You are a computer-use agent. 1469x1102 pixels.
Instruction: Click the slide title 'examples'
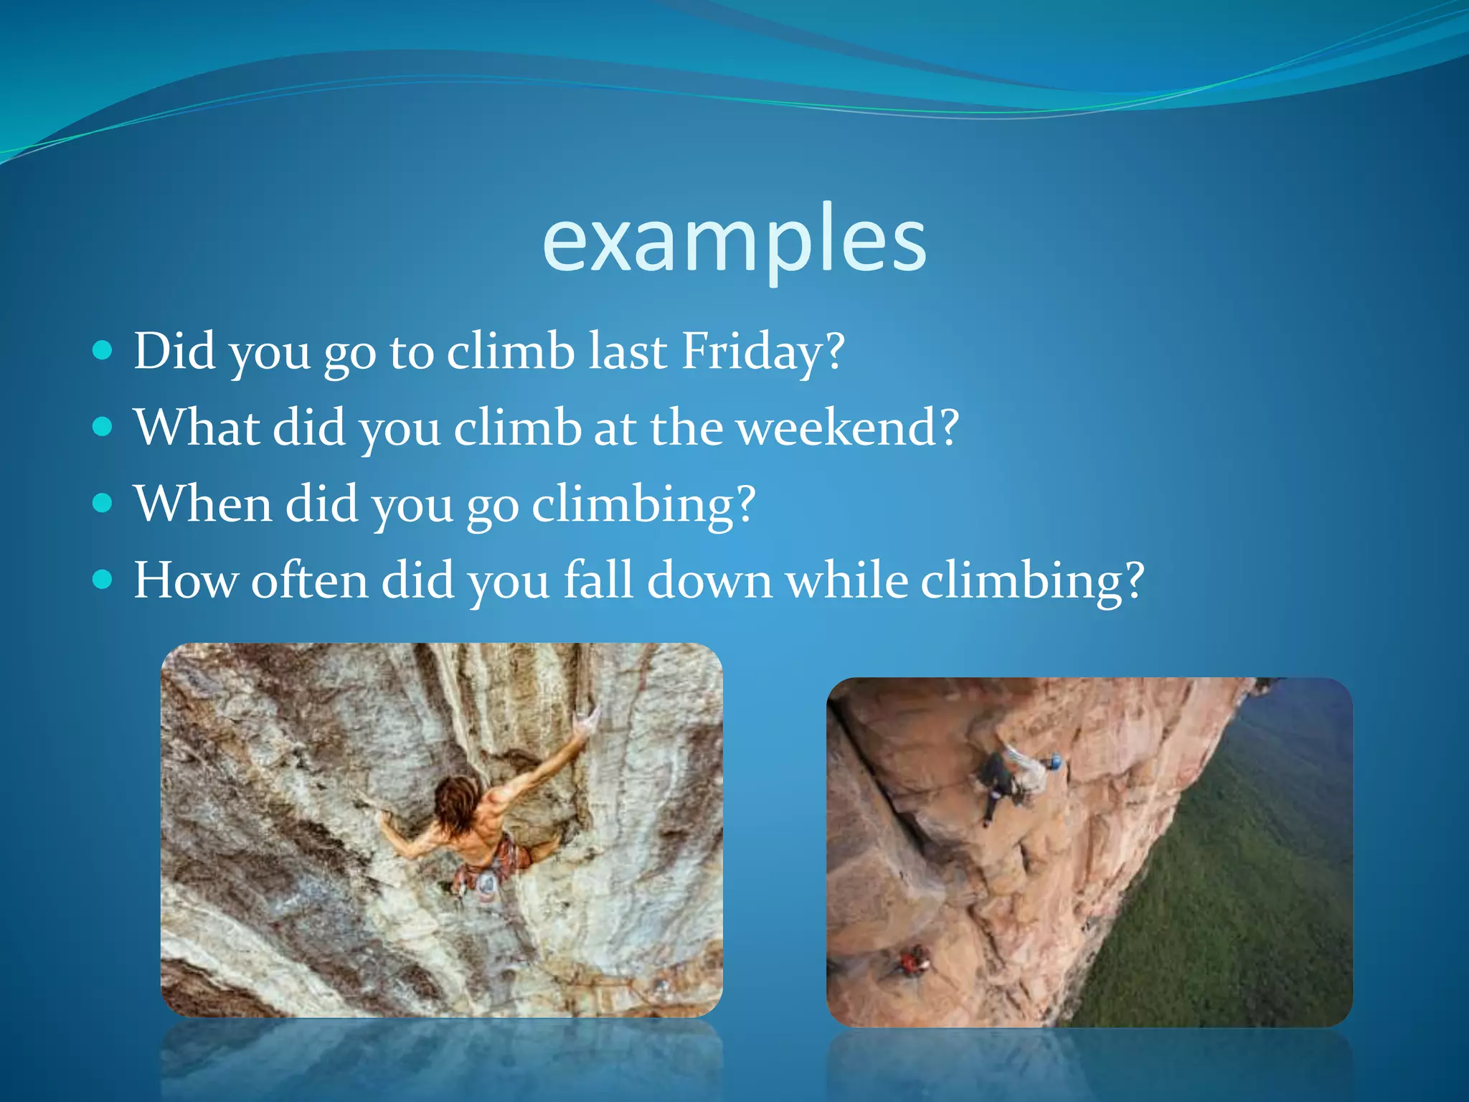[734, 240]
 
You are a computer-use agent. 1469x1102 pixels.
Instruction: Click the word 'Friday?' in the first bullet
[762, 352]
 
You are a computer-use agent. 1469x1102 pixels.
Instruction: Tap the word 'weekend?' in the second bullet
[847, 428]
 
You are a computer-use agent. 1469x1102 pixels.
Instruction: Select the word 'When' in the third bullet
[203, 504]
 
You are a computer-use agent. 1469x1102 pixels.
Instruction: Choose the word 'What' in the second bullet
[197, 428]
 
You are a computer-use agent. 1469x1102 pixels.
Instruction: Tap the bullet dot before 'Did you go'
[103, 351]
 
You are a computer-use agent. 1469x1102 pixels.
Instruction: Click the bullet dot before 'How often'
[103, 579]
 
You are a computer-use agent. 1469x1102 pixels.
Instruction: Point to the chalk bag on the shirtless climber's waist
[486, 885]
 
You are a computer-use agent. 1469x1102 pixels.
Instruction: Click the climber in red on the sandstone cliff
[914, 961]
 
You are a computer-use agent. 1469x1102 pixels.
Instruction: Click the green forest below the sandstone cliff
[1234, 897]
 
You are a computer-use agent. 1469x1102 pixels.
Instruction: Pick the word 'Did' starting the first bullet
[174, 352]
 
